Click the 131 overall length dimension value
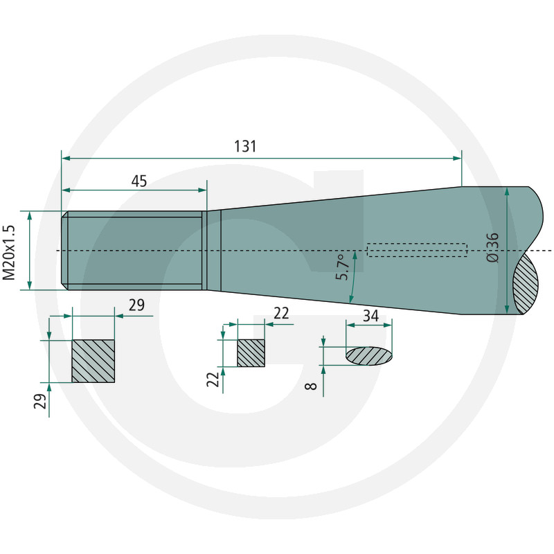(245, 146)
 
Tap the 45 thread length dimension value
(139, 181)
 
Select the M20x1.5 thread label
(9, 252)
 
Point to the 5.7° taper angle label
(342, 267)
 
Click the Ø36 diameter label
(492, 247)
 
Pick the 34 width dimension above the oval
(371, 316)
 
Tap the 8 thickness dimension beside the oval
(311, 386)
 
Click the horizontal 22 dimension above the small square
(281, 314)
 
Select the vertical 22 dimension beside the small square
(213, 379)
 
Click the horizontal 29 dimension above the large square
(136, 305)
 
